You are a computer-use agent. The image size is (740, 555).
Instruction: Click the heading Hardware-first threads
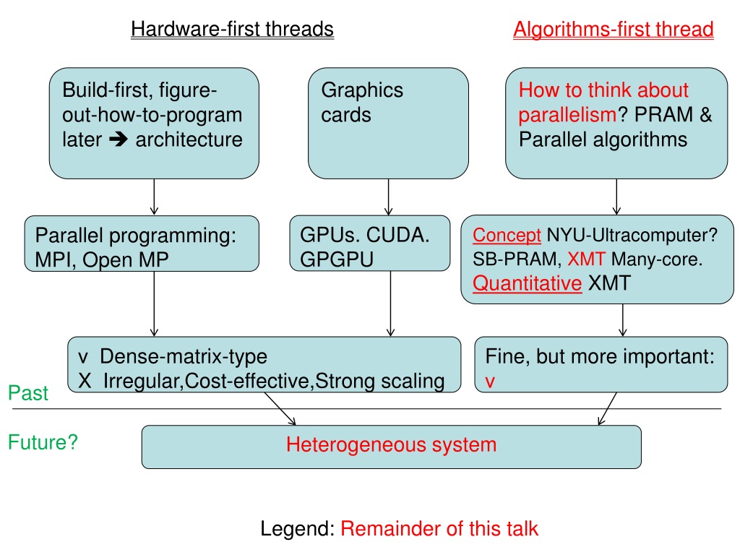pos(232,29)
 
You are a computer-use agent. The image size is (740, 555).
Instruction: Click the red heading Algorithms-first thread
pos(613,30)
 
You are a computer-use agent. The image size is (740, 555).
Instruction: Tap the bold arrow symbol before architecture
pos(118,139)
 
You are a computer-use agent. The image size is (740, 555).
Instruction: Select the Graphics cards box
pos(388,123)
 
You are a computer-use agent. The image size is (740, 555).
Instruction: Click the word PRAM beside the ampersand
pos(664,115)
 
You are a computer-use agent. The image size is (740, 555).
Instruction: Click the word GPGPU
pos(337,259)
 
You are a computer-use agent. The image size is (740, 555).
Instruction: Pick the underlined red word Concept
pos(507,235)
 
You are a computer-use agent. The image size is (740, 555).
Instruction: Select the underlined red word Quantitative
pos(527,283)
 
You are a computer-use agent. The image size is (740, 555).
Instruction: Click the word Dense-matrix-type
pos(184,356)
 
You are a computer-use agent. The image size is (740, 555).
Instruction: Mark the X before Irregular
pos(85,381)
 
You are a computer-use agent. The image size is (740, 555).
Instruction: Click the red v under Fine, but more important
pos(490,382)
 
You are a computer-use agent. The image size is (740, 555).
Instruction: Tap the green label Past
pos(28,393)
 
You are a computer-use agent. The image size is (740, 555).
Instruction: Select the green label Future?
pos(43,442)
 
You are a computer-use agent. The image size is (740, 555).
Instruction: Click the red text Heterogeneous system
pos(391,444)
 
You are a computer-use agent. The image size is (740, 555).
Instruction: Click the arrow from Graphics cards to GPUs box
pos(388,197)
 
